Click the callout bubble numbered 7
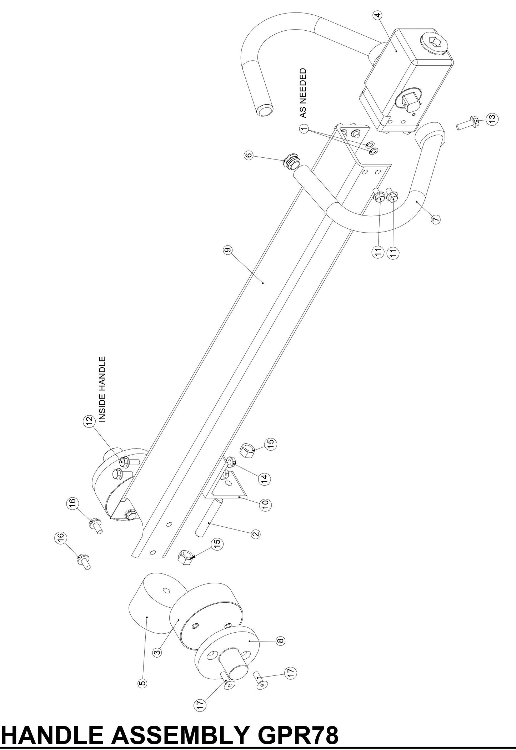[436, 219]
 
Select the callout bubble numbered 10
[266, 505]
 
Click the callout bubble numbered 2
[256, 534]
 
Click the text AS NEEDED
[303, 93]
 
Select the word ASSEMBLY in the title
[181, 735]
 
